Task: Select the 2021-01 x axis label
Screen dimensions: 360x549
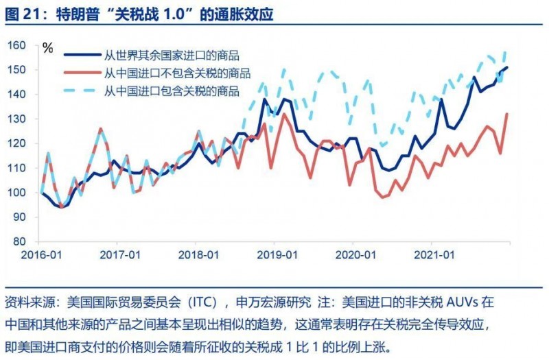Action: click(x=433, y=254)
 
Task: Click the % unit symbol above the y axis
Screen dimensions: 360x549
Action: click(x=47, y=48)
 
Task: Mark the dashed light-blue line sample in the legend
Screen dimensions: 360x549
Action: click(x=80, y=90)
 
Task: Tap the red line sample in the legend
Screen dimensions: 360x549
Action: click(x=80, y=73)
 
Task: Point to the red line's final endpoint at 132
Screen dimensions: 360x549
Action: click(x=507, y=114)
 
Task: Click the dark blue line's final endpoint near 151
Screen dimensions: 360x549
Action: click(x=507, y=67)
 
